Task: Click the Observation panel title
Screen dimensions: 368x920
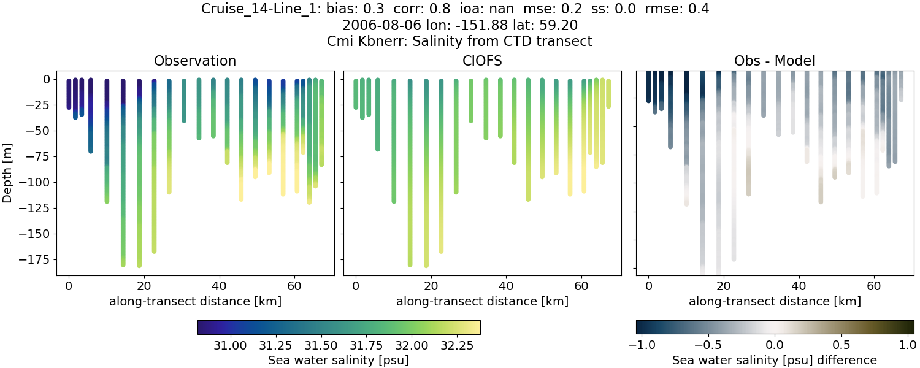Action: click(195, 61)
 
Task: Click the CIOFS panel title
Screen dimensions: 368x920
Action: click(482, 61)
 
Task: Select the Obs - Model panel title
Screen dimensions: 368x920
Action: click(775, 61)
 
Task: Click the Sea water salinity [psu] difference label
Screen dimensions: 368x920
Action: click(775, 360)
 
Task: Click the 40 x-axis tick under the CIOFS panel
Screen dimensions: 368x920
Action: click(506, 286)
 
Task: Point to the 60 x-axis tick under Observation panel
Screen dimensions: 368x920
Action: click(294, 286)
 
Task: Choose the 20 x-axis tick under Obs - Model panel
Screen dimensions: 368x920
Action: click(724, 286)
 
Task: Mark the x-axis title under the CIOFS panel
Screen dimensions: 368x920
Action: click(482, 301)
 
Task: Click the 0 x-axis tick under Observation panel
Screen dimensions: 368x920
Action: click(69, 286)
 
